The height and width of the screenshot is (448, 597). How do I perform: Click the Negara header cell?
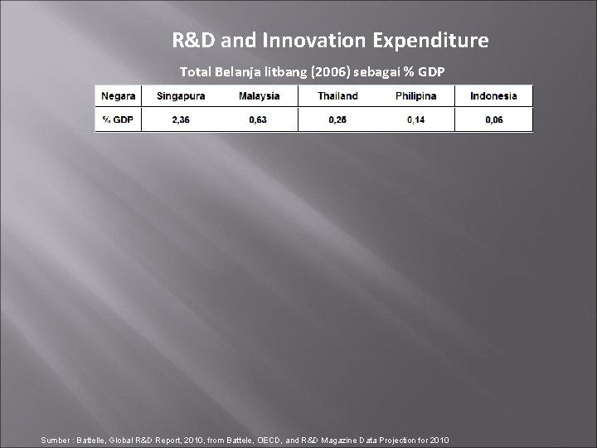point(119,96)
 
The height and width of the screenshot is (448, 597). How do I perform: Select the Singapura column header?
point(180,96)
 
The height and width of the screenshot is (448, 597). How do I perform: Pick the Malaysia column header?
point(259,96)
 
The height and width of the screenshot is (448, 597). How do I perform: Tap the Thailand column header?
point(337,96)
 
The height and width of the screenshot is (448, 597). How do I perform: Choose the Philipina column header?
point(415,96)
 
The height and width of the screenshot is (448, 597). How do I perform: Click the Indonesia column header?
point(493,96)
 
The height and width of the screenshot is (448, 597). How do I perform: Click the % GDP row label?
point(119,120)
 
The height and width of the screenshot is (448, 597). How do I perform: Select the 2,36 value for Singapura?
point(180,120)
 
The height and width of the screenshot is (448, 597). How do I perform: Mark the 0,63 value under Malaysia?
point(259,120)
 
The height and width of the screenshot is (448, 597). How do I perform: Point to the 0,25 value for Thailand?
point(337,120)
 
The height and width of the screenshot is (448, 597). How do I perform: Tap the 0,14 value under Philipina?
point(415,120)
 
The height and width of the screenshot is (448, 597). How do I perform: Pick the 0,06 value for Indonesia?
point(493,120)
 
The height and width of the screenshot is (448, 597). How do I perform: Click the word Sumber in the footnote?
point(58,438)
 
